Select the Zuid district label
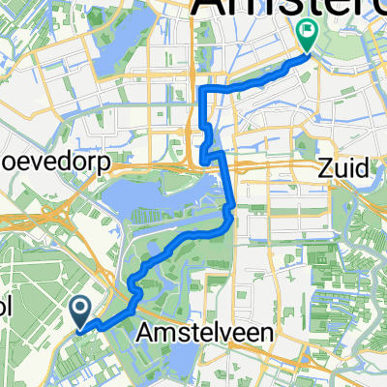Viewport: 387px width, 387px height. (343, 168)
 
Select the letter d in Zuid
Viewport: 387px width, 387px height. (364, 168)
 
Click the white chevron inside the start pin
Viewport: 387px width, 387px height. (81, 309)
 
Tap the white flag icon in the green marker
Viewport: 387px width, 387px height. (309, 32)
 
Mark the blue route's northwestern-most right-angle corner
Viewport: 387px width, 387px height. (202, 89)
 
